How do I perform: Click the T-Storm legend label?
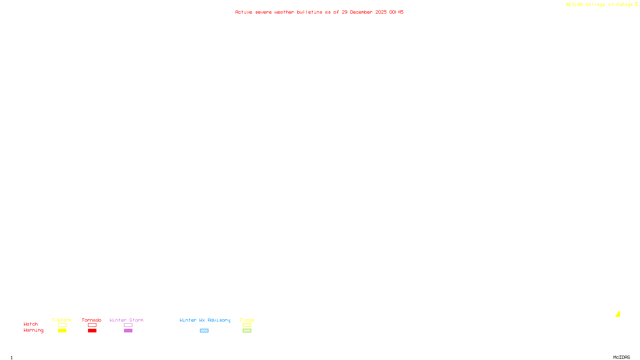click(x=62, y=320)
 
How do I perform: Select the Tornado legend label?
click(x=92, y=320)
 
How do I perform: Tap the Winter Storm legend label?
click(x=126, y=320)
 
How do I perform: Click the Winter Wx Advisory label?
click(x=205, y=320)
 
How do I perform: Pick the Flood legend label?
click(x=247, y=320)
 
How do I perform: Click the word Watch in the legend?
click(x=31, y=324)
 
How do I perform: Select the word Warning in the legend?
click(x=34, y=330)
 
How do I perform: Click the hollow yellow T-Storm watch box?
click(x=62, y=325)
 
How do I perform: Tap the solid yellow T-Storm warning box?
click(x=62, y=331)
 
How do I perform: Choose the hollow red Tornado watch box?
click(x=92, y=325)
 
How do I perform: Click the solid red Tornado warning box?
click(x=92, y=331)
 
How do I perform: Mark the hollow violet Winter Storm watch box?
click(x=128, y=325)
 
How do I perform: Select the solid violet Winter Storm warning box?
click(x=128, y=331)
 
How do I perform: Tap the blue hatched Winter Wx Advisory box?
click(x=204, y=331)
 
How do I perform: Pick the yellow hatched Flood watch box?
click(x=247, y=325)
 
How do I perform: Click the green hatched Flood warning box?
click(x=247, y=331)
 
